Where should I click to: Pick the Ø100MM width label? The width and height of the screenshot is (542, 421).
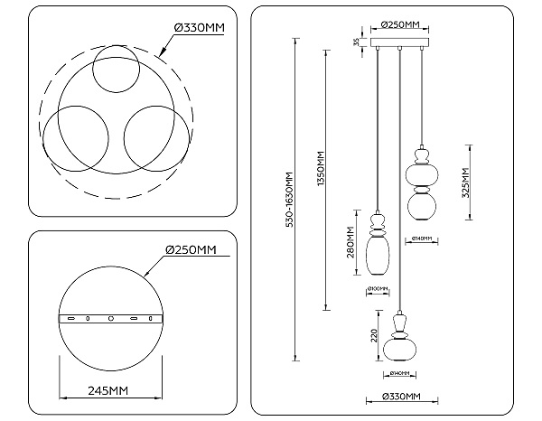tap(378, 290)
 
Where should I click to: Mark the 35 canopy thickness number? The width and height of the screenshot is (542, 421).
tap(357, 42)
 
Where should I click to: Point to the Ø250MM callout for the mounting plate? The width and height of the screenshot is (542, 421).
tap(192, 249)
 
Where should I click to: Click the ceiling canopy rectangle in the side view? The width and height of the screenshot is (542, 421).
tap(398, 45)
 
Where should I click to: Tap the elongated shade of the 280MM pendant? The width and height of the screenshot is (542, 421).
tap(378, 256)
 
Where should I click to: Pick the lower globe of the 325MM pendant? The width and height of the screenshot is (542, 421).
tap(423, 206)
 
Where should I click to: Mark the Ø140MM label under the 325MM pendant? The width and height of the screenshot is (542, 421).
tap(423, 239)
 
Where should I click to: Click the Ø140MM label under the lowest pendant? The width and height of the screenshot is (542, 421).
tap(398, 372)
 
